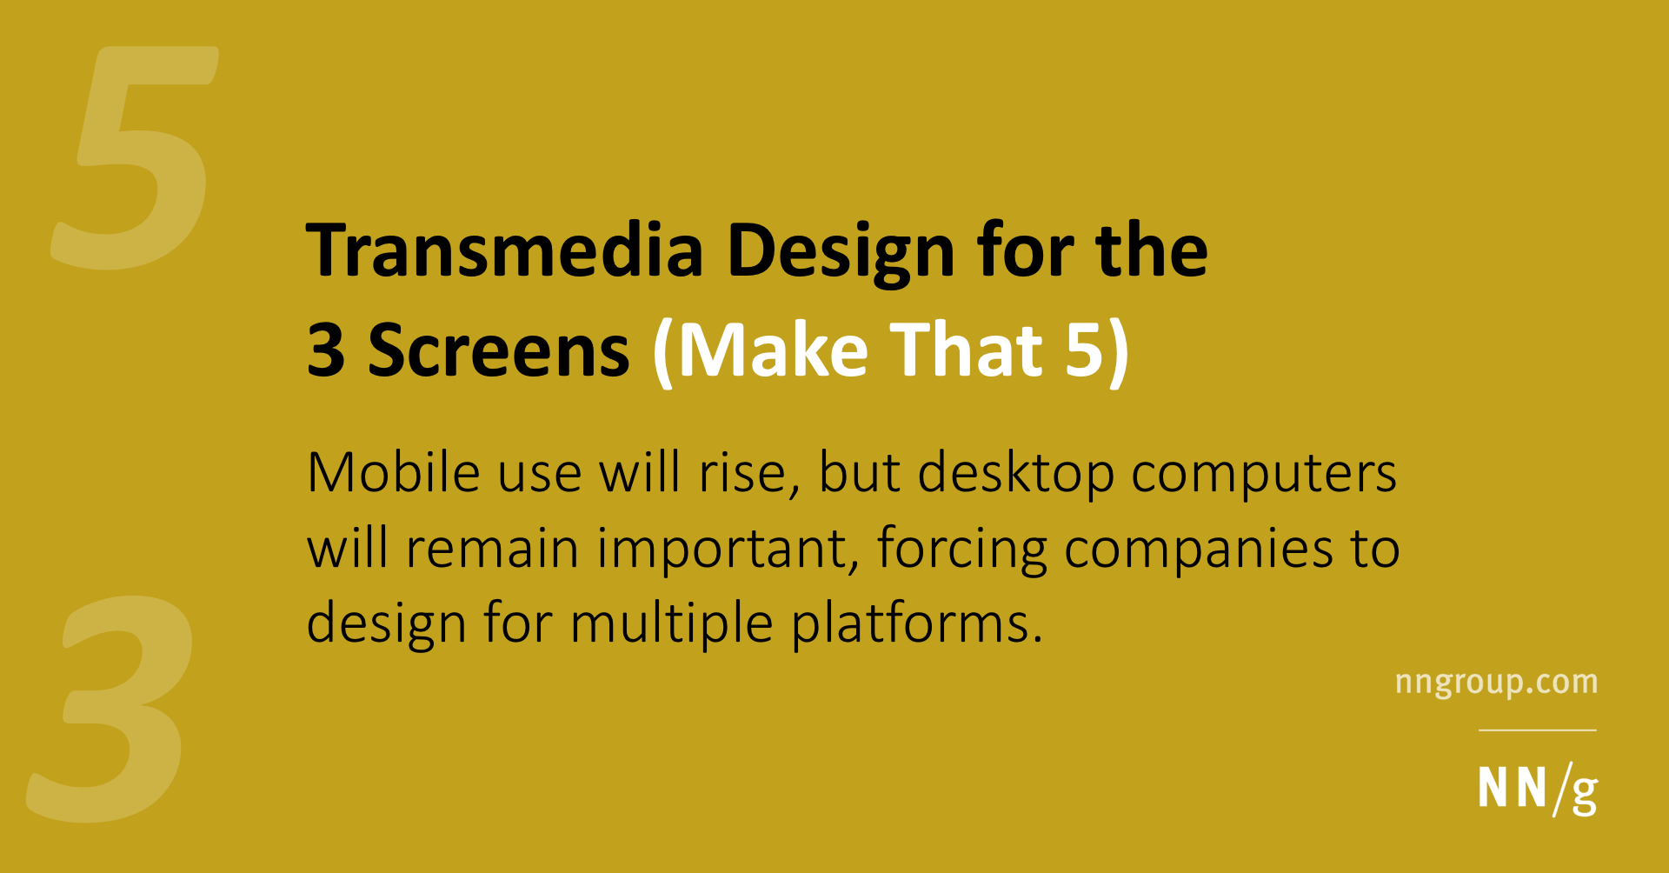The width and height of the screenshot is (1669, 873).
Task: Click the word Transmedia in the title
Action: (x=504, y=251)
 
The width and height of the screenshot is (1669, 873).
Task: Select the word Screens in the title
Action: (x=498, y=350)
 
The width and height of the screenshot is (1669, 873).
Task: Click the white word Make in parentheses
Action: (x=773, y=350)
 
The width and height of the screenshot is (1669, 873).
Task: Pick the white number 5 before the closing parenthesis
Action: (x=1084, y=350)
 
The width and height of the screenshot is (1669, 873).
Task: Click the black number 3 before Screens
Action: (x=326, y=350)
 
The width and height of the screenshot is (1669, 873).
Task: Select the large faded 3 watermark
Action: (x=113, y=709)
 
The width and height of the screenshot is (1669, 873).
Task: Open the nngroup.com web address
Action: (x=1496, y=683)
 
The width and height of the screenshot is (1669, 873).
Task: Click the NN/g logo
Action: (x=1537, y=790)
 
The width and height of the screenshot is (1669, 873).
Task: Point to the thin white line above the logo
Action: (x=1537, y=730)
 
